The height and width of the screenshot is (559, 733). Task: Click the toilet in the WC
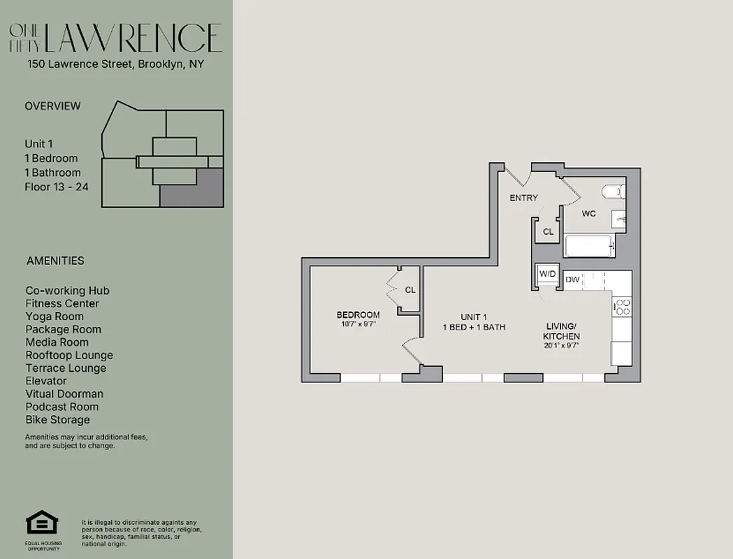click(x=612, y=191)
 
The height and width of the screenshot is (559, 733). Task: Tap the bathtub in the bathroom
click(x=589, y=246)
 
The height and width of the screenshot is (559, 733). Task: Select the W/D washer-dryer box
click(x=546, y=275)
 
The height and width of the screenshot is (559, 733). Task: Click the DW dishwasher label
click(x=572, y=279)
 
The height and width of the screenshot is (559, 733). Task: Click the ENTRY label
click(x=523, y=198)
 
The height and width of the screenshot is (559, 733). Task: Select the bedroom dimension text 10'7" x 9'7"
click(x=358, y=324)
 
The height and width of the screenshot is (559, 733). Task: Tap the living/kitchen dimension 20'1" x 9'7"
click(x=561, y=346)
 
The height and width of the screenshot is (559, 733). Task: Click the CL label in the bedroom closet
click(x=410, y=289)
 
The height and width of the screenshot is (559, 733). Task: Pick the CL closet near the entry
click(x=548, y=231)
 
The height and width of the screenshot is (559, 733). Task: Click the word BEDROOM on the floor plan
click(x=358, y=314)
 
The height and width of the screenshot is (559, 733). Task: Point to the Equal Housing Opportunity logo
click(x=41, y=524)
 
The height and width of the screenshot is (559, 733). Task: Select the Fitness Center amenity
click(x=62, y=303)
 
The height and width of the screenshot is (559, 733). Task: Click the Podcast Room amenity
click(x=62, y=407)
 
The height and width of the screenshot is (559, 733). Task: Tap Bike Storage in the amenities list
click(x=58, y=420)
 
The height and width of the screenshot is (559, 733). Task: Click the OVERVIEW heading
click(x=52, y=106)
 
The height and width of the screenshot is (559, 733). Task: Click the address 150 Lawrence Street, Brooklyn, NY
click(x=115, y=64)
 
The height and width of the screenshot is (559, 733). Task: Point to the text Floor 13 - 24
click(x=57, y=187)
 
